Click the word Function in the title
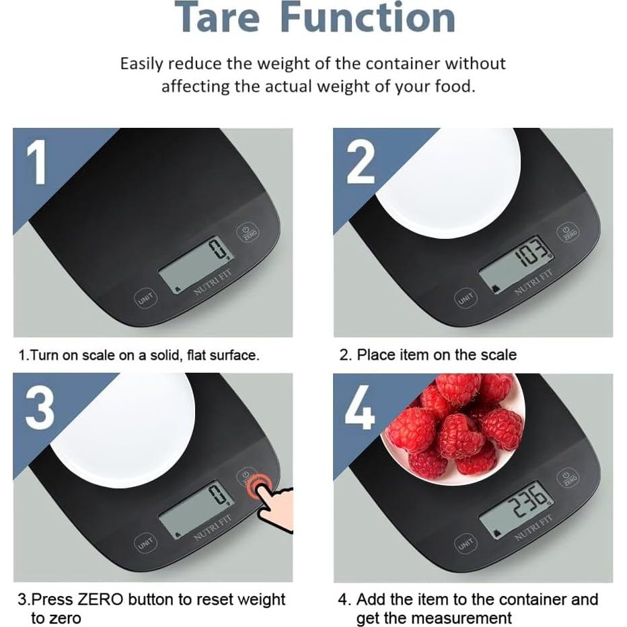(x=368, y=17)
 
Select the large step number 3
(x=40, y=410)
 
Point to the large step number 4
(x=360, y=410)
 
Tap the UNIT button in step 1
(x=145, y=298)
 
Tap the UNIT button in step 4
(x=465, y=544)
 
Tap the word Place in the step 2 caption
(x=374, y=355)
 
